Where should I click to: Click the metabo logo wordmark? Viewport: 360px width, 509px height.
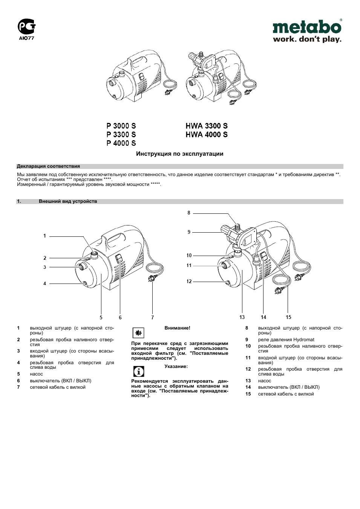tap(307, 28)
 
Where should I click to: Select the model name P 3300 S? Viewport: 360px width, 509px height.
tap(121, 135)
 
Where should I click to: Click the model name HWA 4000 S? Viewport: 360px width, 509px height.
tap(207, 135)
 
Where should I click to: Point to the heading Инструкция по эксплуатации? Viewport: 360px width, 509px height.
tap(180, 154)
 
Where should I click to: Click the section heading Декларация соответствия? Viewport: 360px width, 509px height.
tap(48, 166)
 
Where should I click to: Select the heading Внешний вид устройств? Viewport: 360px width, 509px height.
tap(68, 201)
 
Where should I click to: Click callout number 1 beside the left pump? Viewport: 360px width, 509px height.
tap(44, 236)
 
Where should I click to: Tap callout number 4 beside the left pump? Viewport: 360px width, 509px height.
tap(44, 284)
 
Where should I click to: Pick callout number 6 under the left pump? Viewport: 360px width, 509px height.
tap(120, 317)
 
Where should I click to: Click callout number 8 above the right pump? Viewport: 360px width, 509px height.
tap(189, 213)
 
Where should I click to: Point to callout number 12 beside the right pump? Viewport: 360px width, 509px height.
tap(189, 281)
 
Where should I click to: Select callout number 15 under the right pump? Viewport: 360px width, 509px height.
tap(288, 317)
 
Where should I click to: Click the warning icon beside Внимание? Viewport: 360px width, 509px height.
tap(138, 333)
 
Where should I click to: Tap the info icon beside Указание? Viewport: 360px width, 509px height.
tap(139, 371)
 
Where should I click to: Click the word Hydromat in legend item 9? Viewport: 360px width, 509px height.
tap(304, 340)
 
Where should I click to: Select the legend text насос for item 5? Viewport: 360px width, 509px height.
tap(37, 374)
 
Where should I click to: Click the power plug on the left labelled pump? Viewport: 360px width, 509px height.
tap(152, 279)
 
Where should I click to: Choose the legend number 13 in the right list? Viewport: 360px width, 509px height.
tap(248, 381)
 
